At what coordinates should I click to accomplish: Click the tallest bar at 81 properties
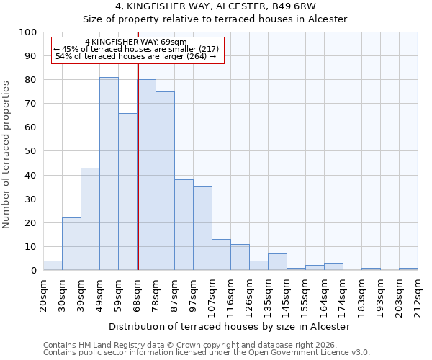tap(109, 174)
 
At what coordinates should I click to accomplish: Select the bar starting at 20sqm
tap(53, 266)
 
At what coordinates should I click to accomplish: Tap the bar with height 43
tap(90, 219)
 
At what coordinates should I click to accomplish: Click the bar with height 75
tap(165, 181)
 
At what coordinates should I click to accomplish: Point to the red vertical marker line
tap(138, 166)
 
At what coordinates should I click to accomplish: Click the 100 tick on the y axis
tap(28, 32)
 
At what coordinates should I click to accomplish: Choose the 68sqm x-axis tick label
tap(137, 293)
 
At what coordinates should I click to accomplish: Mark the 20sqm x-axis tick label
tap(43, 293)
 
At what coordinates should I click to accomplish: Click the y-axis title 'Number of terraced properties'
tap(6, 154)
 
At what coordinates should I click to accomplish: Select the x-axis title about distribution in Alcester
tap(230, 326)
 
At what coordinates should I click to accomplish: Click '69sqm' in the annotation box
tap(174, 42)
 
